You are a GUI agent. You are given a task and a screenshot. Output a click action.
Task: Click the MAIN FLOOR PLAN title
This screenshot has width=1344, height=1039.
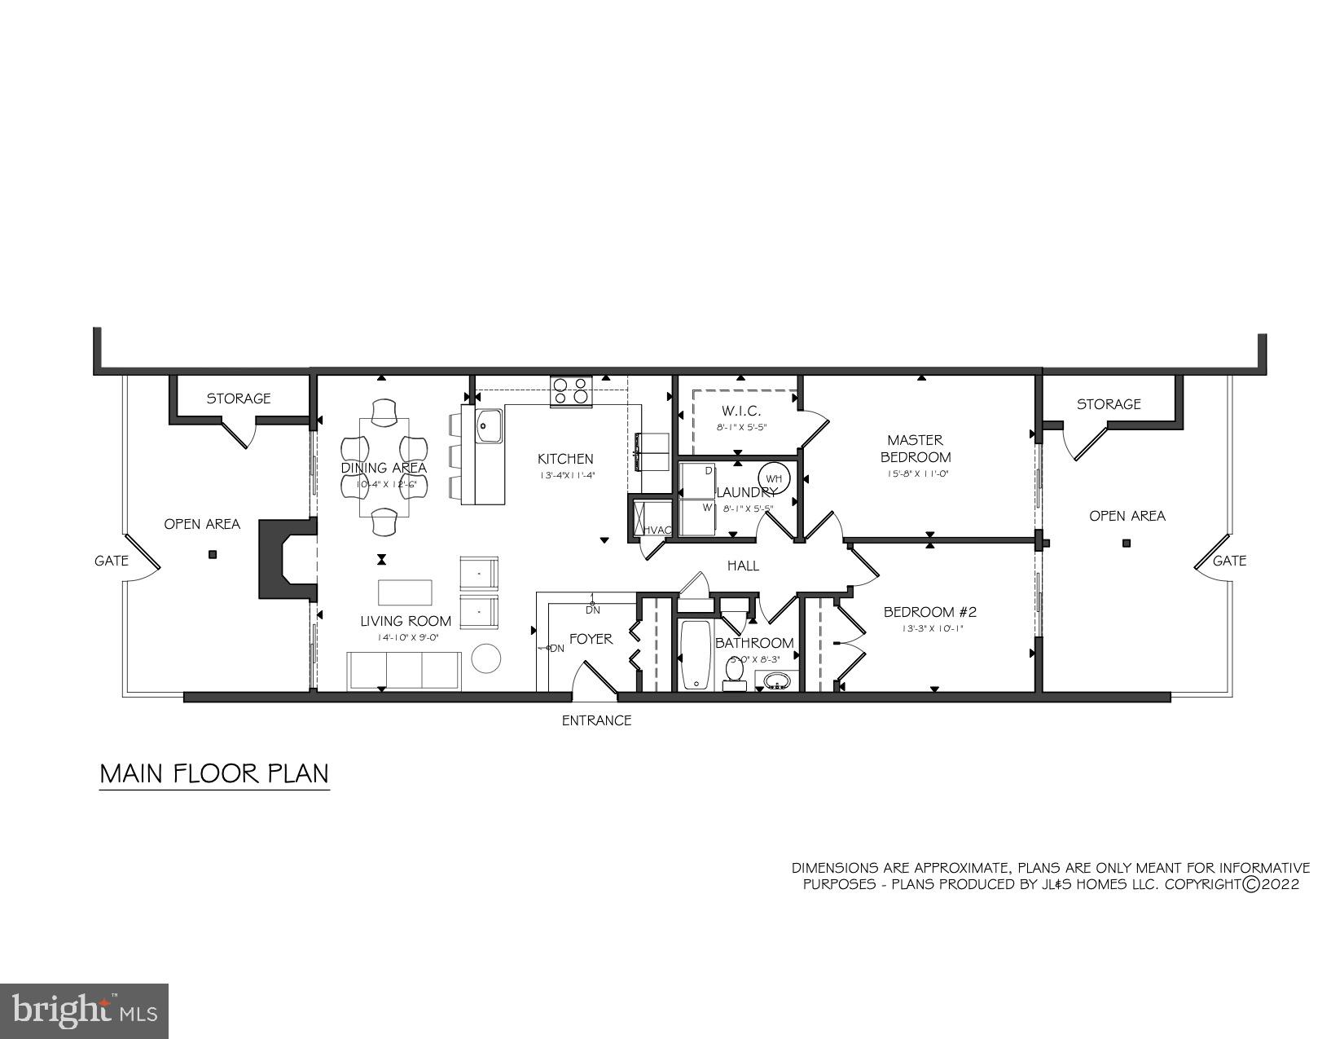(214, 773)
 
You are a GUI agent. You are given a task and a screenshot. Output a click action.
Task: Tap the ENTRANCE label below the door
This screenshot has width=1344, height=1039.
(596, 720)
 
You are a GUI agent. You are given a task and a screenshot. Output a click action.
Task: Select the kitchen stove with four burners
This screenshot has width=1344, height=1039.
(571, 391)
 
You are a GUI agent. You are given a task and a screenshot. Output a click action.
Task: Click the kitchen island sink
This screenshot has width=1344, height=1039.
(490, 426)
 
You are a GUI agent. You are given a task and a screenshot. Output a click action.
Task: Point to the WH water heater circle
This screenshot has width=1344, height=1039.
(773, 478)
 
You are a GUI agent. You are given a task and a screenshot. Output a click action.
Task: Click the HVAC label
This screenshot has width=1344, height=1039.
(658, 531)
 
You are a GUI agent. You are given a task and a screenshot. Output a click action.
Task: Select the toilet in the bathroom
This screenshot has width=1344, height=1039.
(734, 673)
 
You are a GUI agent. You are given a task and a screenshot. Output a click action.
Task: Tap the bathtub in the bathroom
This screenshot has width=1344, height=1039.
(696, 655)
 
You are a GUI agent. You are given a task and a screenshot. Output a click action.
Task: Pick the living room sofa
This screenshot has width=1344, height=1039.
(404, 670)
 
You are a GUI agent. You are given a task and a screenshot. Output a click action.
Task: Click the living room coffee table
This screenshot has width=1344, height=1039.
(406, 591)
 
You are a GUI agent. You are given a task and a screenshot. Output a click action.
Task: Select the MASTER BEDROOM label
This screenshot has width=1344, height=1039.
(916, 448)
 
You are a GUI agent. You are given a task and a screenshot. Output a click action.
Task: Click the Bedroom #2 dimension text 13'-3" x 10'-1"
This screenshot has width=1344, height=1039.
(933, 628)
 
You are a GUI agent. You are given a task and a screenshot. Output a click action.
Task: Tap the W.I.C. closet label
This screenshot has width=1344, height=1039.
(741, 411)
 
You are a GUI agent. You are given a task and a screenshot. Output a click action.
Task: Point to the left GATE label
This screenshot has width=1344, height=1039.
(112, 561)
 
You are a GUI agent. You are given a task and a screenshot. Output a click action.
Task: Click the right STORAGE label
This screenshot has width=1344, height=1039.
(1109, 404)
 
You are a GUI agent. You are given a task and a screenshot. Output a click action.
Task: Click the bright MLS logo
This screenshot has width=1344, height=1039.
(85, 1011)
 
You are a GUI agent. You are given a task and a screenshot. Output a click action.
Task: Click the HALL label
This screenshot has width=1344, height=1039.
(743, 566)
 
